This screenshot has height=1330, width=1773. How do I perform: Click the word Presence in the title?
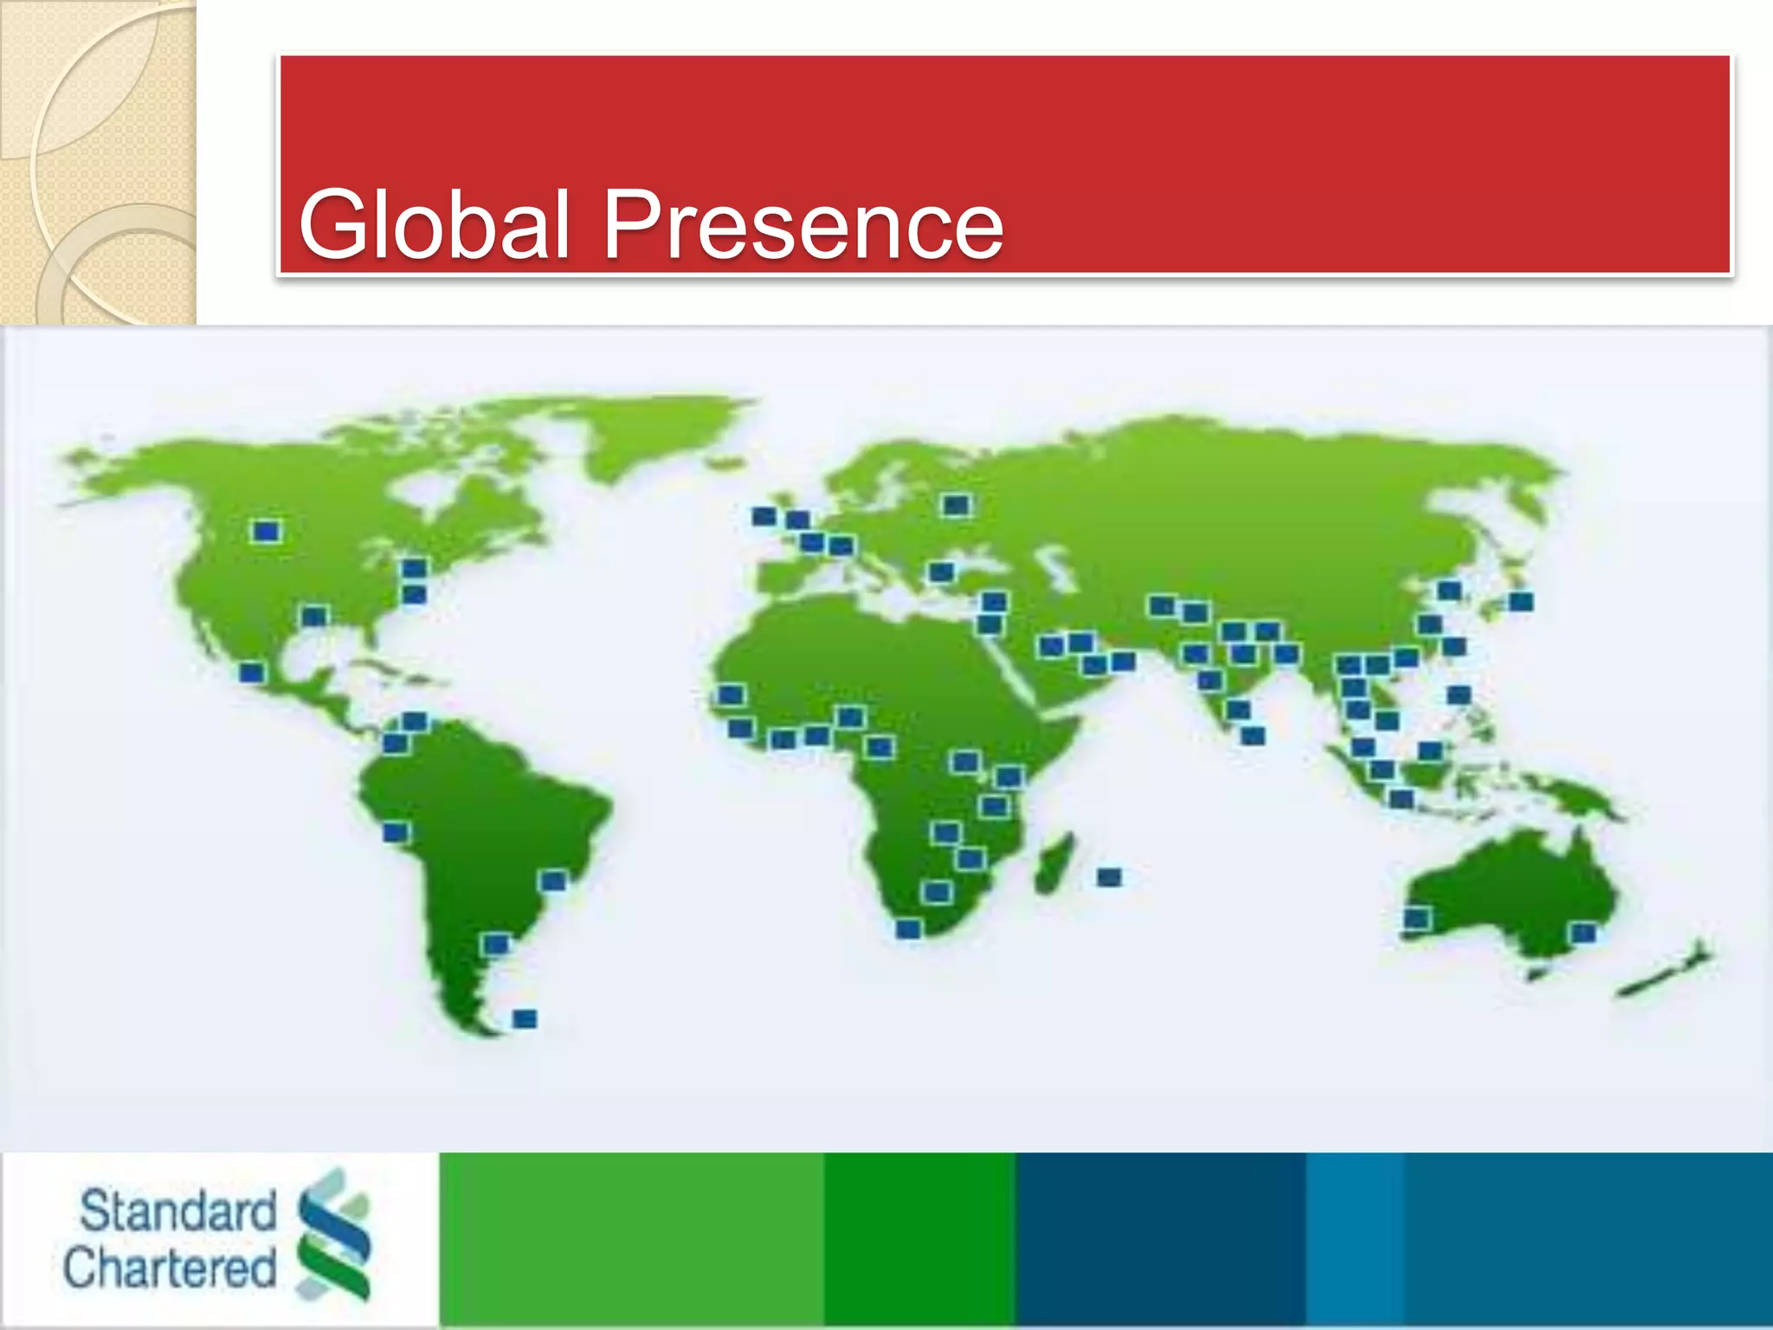pyautogui.click(x=803, y=224)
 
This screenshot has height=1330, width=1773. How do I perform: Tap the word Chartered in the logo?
pyautogui.click(x=170, y=1268)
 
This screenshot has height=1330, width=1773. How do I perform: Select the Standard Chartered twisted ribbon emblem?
pyautogui.click(x=334, y=1233)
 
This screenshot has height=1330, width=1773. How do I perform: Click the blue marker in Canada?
pyautogui.click(x=266, y=531)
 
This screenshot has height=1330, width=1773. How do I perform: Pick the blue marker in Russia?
pyautogui.click(x=956, y=505)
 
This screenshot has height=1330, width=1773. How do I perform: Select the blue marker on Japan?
pyautogui.click(x=1520, y=601)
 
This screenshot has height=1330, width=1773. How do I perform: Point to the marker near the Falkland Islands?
pyautogui.click(x=525, y=1018)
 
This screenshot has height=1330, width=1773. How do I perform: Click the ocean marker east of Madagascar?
pyautogui.click(x=1109, y=877)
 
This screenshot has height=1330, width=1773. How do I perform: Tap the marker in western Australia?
pyautogui.click(x=1416, y=918)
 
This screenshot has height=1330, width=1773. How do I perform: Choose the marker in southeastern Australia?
pyautogui.click(x=1583, y=933)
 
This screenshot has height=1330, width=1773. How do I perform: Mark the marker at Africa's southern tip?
pyautogui.click(x=908, y=928)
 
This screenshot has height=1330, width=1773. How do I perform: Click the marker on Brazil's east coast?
pyautogui.click(x=553, y=881)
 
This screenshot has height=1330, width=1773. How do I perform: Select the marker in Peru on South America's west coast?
pyautogui.click(x=396, y=832)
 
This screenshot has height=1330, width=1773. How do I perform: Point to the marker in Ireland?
pyautogui.click(x=764, y=516)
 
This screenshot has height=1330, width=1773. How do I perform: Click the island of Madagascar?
pyautogui.click(x=1054, y=862)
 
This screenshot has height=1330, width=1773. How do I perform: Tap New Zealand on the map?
pyautogui.click(x=1667, y=974)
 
